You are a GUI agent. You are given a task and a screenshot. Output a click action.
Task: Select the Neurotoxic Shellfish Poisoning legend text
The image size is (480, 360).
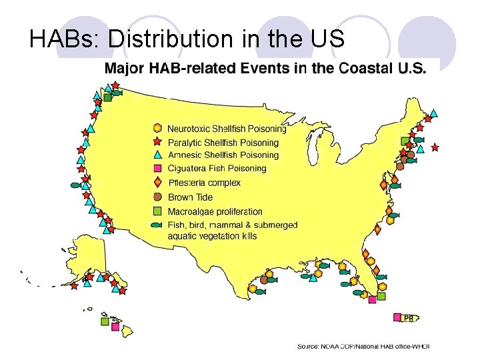pyautogui.click(x=223, y=129)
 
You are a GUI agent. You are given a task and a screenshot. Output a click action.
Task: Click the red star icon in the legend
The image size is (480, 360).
pyautogui.click(x=157, y=141)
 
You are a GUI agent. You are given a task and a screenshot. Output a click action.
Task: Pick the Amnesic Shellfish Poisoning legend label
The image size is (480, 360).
pyautogui.click(x=223, y=155)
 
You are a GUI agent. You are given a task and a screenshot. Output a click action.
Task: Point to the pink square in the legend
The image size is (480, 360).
pyautogui.click(x=157, y=168)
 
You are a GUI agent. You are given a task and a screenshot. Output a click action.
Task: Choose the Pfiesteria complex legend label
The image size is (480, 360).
pyautogui.click(x=204, y=183)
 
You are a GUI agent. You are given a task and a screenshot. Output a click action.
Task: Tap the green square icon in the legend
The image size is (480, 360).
pyautogui.click(x=157, y=211)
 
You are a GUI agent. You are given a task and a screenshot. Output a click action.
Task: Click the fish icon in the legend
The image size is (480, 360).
pyautogui.click(x=157, y=225)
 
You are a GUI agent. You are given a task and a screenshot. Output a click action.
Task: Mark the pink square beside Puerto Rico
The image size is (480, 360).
pyautogui.click(x=397, y=317)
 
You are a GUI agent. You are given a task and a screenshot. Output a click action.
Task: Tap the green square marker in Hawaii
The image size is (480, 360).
pyautogui.click(x=105, y=321)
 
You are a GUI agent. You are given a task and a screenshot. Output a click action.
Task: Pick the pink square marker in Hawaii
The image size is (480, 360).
pyautogui.click(x=115, y=327)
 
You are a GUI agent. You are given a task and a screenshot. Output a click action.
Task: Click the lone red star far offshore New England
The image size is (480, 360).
pyautogui.click(x=435, y=147)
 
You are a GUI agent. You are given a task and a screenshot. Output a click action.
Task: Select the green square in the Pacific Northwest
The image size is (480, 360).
pyautogui.click(x=107, y=97)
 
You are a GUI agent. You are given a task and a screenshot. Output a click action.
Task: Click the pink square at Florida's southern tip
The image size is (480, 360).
pyautogui.click(x=372, y=299)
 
